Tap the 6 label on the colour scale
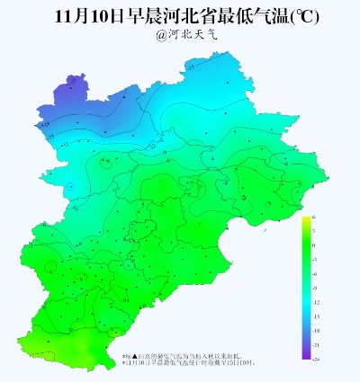[x=314, y=218]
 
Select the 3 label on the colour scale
[x=314, y=232]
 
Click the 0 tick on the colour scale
[x=314, y=245]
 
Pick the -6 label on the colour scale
[x=315, y=274]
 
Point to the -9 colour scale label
[x=315, y=288]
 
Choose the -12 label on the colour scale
[x=316, y=302]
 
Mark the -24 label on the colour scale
[x=316, y=358]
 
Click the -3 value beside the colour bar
[x=315, y=260]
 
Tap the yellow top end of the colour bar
[x=306, y=219]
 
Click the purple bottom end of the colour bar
[x=306, y=356]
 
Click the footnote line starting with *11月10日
[x=189, y=363]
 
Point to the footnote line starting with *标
[x=189, y=357]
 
